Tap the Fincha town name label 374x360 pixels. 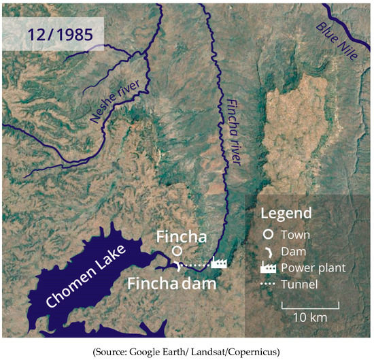(180, 236)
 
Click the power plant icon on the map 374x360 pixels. (219, 263)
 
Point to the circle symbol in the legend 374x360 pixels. (269, 234)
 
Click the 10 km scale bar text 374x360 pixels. (310, 318)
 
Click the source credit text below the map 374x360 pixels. (186, 351)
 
